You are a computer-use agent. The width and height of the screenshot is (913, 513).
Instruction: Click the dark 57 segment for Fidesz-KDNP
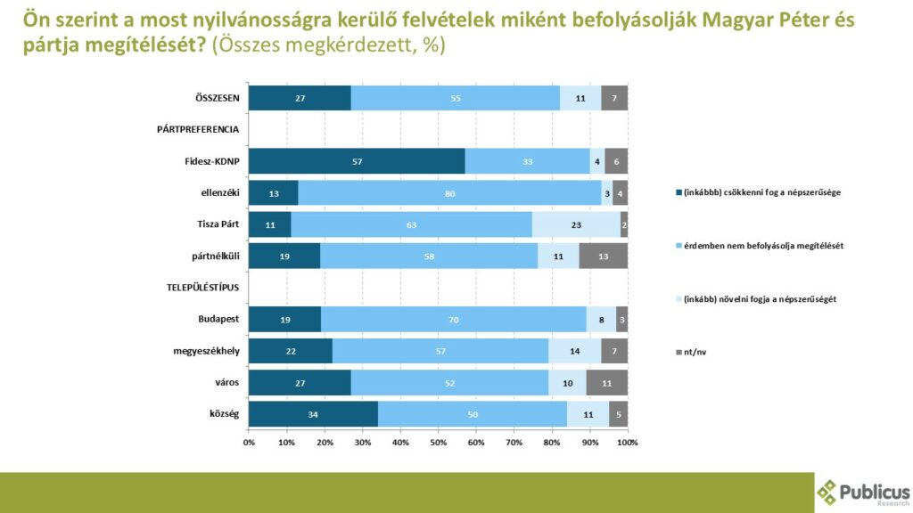coord(357,161)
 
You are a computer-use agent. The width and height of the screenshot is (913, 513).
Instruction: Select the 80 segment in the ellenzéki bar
coord(449,193)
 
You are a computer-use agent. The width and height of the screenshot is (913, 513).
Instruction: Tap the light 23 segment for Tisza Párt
coord(576,224)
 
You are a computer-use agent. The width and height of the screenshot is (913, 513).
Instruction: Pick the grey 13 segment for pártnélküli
coord(603,256)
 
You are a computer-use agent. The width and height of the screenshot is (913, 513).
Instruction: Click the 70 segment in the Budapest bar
coord(453,319)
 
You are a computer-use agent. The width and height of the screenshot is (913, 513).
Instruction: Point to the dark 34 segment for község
coord(313,414)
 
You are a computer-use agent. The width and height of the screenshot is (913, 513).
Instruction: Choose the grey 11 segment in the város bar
coord(606,382)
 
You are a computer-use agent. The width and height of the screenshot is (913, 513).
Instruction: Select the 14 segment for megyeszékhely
coord(574,351)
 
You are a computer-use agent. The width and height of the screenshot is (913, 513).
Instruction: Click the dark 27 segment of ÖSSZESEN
coord(300,98)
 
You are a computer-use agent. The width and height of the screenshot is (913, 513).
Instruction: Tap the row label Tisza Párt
coord(218,224)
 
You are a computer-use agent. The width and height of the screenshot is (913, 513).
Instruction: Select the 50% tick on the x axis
coord(438,442)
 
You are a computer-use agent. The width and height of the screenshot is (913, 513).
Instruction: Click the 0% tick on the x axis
coord(249,442)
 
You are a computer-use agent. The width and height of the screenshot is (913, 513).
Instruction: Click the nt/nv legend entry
coord(693,352)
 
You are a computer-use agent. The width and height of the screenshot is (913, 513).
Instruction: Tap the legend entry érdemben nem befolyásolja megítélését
coord(758,245)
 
